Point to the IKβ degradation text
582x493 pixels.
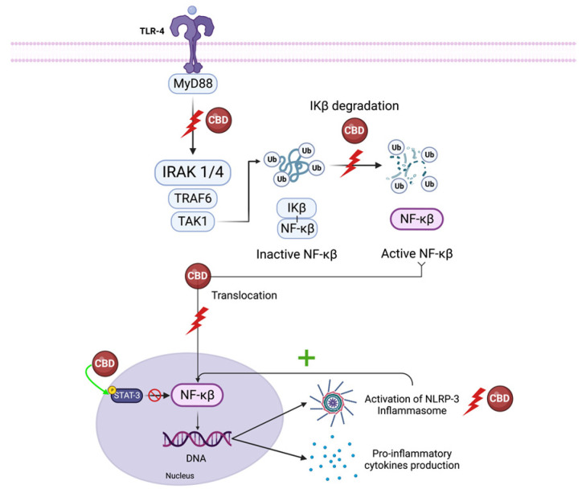pos(355,106)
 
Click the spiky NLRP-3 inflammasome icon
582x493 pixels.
pos(331,403)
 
